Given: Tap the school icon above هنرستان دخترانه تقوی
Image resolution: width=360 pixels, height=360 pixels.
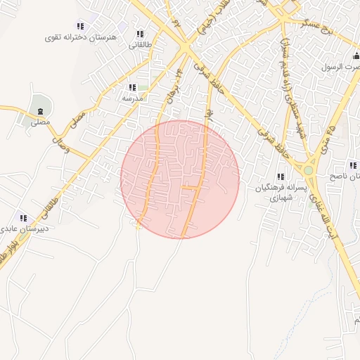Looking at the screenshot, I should (x=79, y=25).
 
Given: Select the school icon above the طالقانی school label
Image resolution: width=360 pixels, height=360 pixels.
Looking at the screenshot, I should (x=139, y=34).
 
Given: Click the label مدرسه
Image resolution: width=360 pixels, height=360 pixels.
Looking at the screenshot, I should (x=132, y=98).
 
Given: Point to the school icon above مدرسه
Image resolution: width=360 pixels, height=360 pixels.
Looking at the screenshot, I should (x=131, y=87).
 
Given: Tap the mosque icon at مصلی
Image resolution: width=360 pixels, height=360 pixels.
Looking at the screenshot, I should (x=40, y=111).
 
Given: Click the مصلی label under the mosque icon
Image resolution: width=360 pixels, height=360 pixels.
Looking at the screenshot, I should (x=40, y=122).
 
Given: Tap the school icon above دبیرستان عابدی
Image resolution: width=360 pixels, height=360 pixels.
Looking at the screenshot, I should (x=23, y=218).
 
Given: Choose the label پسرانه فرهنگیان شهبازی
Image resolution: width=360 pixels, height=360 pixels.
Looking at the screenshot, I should (x=280, y=193).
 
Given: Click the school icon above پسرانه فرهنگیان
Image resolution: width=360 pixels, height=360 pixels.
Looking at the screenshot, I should (x=280, y=176).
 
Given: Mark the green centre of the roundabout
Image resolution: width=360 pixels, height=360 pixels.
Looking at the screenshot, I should (x=309, y=169).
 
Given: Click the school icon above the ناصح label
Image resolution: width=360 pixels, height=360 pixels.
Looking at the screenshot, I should (x=352, y=165).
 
